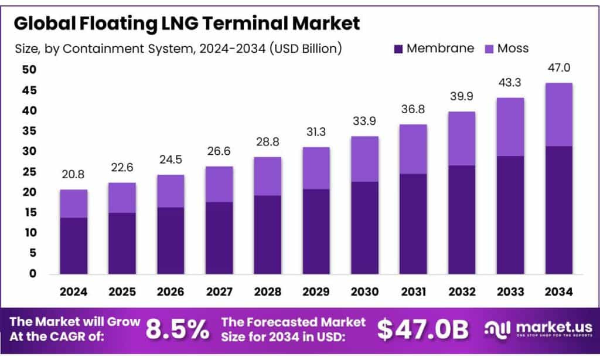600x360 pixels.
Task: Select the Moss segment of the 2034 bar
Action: click(558, 114)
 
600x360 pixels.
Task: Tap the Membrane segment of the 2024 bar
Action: click(73, 245)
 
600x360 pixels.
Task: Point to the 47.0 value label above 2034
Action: click(558, 69)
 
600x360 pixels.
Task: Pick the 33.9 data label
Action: click(364, 122)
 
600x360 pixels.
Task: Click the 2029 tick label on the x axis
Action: click(316, 291)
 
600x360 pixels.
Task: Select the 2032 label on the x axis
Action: click(461, 291)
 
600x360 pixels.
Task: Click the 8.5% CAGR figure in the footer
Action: click(178, 330)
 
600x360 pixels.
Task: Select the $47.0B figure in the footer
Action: click(422, 330)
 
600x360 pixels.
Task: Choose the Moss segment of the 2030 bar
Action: click(364, 159)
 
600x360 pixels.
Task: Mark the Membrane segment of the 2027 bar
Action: click(219, 237)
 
